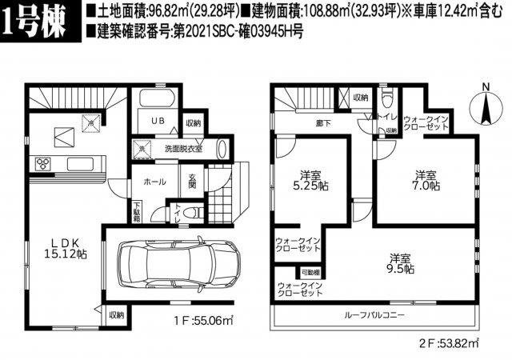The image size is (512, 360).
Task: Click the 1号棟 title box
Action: coord(39,21)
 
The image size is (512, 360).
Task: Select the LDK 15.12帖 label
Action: coord(59,246)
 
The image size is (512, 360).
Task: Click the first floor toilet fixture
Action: coord(190,213)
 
